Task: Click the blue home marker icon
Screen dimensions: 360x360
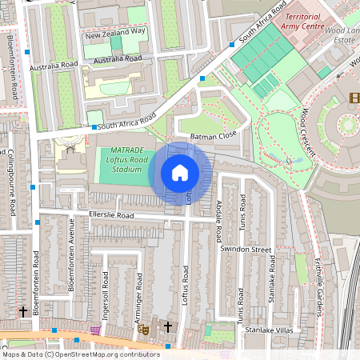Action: [180, 173]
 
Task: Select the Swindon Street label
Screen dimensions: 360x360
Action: [246, 250]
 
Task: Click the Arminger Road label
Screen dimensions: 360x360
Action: [139, 292]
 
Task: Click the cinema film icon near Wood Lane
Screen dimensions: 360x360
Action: [354, 98]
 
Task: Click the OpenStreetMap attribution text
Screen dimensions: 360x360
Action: [80, 354]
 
